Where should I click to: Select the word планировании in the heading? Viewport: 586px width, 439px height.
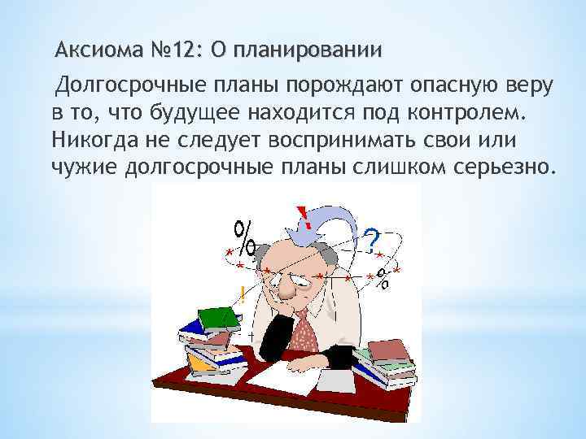point(310,50)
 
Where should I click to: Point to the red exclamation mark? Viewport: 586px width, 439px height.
point(303,216)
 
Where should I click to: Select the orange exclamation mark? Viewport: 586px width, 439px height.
point(241,294)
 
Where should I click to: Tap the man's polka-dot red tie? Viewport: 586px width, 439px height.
point(305,330)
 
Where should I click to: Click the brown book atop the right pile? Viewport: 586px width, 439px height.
point(388,350)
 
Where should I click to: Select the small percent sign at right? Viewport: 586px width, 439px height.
point(383,278)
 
